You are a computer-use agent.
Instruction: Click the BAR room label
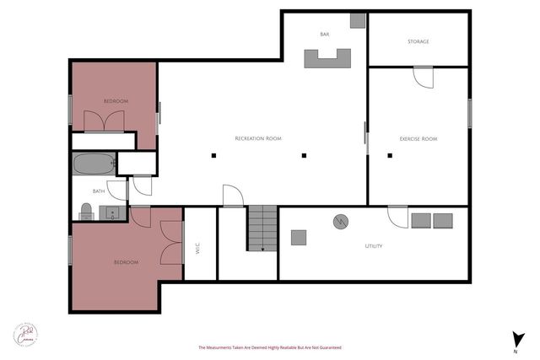pos(324,35)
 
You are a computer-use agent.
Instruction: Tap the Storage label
pos(418,41)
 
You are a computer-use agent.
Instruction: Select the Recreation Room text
pos(258,138)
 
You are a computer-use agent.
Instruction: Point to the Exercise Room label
pos(418,138)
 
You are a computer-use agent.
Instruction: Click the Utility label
pos(374,246)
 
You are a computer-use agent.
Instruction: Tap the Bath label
pos(99,191)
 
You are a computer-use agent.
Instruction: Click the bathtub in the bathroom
pos(92,164)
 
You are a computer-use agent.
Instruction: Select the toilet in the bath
pos(86,210)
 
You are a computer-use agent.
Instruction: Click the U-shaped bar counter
pos(327,59)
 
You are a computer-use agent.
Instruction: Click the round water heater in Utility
pos(341,223)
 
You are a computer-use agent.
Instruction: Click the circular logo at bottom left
pos(26,334)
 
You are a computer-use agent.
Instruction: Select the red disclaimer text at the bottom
pos(269,347)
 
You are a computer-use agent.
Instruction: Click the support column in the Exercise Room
pos(390,155)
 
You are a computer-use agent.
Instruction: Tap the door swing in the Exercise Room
pos(422,78)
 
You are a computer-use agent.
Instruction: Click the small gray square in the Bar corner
pos(358,20)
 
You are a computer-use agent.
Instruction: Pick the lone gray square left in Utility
pos(300,238)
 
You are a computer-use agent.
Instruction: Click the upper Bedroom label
pos(116,101)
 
